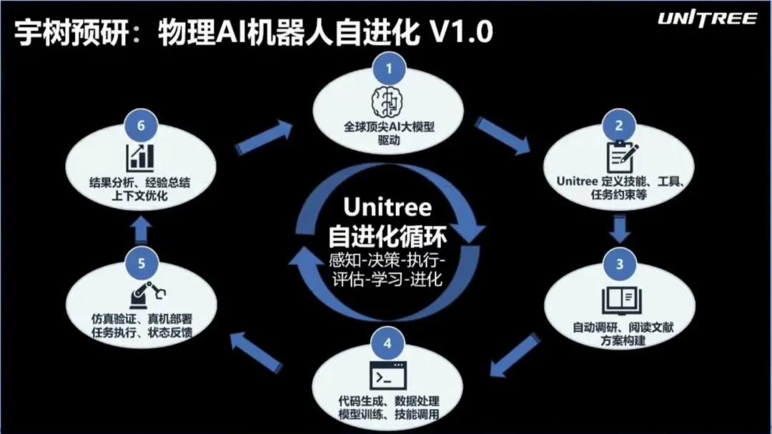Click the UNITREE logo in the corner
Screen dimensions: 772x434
coord(707,19)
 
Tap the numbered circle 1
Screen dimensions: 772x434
coord(389,68)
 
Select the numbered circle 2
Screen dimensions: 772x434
coord(619,125)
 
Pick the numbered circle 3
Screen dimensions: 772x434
coord(619,264)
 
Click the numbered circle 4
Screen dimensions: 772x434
coord(387,343)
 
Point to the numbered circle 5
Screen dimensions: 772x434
coord(142,263)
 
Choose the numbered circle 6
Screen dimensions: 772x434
coord(141,125)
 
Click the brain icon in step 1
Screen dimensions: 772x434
coord(387,102)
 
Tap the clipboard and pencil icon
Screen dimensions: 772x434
coord(621,157)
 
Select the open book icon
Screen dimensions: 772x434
coord(621,300)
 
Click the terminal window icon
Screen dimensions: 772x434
coord(388,376)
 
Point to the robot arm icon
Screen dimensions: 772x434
coord(147,295)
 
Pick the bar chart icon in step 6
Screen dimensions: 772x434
coord(140,157)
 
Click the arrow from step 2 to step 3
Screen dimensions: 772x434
coord(619,228)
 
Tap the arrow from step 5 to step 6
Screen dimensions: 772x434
coord(142,231)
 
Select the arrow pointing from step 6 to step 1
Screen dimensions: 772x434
coord(264,137)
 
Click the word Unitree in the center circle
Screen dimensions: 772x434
coord(387,207)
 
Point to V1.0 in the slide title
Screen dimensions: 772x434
coord(461,32)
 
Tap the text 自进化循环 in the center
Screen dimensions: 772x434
coord(387,237)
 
